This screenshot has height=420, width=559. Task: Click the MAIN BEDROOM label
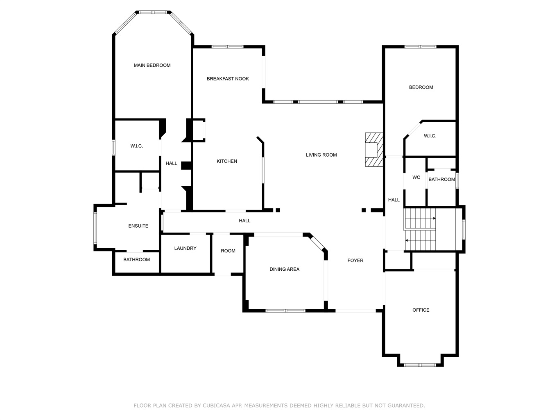click(152, 65)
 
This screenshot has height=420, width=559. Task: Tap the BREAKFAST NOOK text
click(228, 79)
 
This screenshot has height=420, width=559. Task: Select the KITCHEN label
click(226, 161)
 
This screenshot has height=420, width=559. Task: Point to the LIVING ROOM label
click(321, 155)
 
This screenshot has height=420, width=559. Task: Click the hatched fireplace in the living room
click(374, 150)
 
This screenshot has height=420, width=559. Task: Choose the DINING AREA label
click(284, 269)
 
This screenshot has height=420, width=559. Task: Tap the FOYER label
click(355, 260)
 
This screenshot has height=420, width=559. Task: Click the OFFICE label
click(421, 310)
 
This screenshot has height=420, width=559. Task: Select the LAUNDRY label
click(185, 248)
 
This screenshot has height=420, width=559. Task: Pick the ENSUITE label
click(138, 226)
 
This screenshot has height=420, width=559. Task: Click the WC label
click(416, 177)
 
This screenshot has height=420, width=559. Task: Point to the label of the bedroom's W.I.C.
click(430, 136)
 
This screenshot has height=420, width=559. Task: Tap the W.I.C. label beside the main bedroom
click(136, 146)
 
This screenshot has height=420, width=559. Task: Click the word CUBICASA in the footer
click(216, 405)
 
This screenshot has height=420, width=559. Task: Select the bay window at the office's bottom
click(420, 365)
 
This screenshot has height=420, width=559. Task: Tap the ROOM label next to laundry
click(228, 251)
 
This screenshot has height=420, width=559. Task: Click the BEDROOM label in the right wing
click(421, 87)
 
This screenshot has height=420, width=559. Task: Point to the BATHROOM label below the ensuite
click(136, 260)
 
